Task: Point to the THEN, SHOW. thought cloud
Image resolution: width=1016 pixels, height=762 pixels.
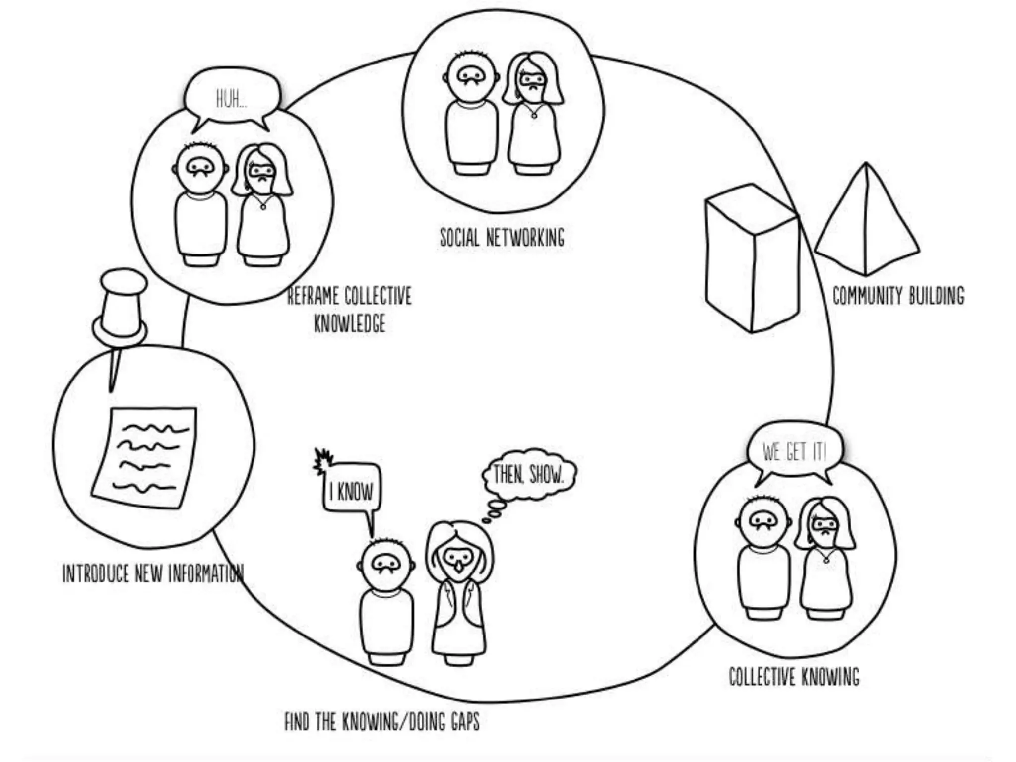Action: (529, 475)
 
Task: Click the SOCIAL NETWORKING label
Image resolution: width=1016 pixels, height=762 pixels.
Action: (502, 237)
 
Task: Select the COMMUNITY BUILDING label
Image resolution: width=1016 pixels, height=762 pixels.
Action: (898, 296)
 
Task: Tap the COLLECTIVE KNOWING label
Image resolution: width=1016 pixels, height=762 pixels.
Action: (794, 676)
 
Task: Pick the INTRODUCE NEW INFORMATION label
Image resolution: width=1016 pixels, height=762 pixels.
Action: (153, 573)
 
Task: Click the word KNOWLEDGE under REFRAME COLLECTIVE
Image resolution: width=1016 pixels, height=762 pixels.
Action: (350, 323)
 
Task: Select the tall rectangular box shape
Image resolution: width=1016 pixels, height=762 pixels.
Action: (752, 258)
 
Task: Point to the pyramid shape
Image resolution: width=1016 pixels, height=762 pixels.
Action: (867, 223)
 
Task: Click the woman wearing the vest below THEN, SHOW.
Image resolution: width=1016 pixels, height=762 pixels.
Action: (459, 595)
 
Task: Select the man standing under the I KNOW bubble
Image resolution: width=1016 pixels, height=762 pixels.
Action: (386, 600)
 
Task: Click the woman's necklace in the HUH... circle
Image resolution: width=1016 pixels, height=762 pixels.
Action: (263, 205)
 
